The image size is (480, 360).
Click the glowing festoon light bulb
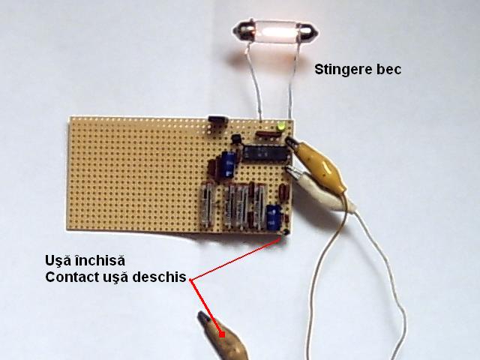275,31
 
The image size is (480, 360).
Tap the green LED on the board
280,127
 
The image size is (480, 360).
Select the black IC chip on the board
266,153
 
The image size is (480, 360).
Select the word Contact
72,277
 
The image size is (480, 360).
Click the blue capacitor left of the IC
229,163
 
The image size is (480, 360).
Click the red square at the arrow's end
222,334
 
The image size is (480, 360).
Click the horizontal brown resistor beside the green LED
266,133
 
